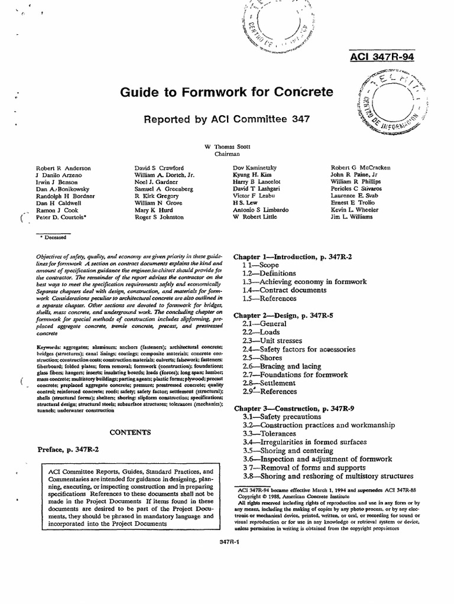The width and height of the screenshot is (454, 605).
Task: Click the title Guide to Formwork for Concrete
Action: click(x=227, y=92)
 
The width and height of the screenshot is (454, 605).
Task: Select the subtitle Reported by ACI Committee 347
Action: click(x=227, y=119)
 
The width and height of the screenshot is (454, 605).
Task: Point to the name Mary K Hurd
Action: click(x=153, y=209)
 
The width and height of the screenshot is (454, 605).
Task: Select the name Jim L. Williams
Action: click(x=352, y=217)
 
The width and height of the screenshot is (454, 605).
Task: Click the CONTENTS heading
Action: click(x=131, y=432)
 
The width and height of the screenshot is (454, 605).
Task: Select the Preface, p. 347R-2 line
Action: click(x=68, y=450)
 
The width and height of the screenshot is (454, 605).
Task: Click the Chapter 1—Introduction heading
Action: click(x=293, y=257)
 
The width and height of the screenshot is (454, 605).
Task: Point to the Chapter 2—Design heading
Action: click(x=283, y=315)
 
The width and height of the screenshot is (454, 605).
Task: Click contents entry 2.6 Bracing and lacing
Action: click(x=282, y=366)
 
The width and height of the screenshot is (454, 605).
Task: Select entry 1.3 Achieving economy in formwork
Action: click(x=304, y=282)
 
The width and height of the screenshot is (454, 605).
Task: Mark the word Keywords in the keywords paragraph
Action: click(x=50, y=345)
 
